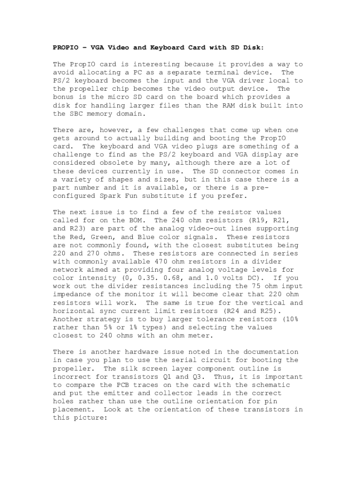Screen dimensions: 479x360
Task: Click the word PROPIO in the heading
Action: click(x=65, y=48)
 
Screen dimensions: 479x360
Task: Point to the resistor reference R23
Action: click(x=77, y=229)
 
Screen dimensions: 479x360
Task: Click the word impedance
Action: click(x=71, y=294)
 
